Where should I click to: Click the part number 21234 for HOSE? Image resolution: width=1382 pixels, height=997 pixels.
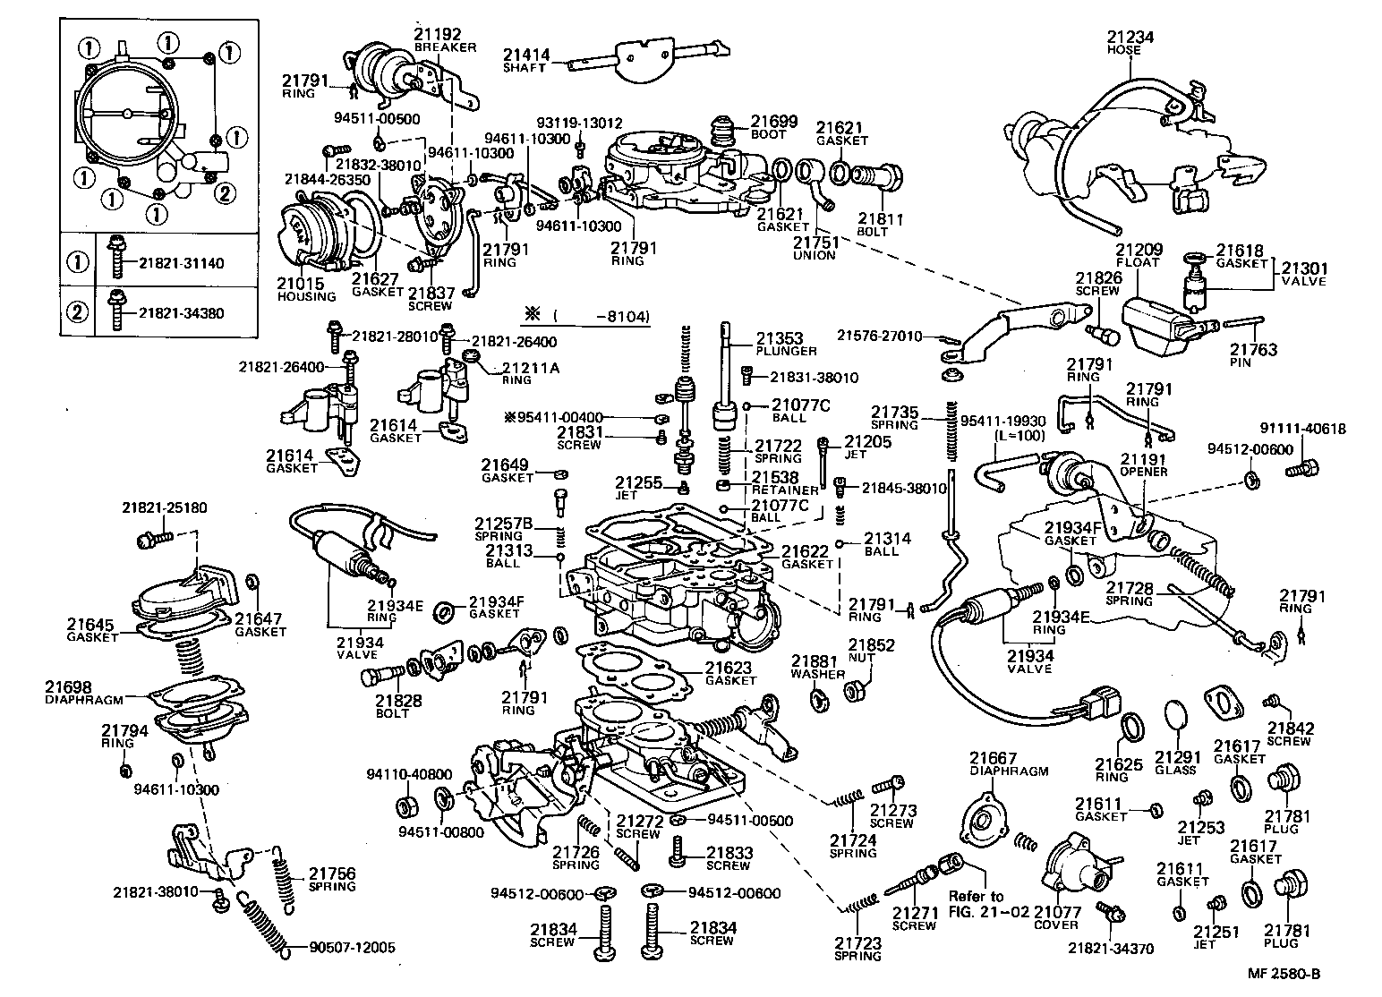coord(1130,37)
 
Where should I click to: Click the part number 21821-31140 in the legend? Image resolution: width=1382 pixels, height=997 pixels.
coord(181,263)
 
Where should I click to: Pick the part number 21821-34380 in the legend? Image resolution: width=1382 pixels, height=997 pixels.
coord(181,313)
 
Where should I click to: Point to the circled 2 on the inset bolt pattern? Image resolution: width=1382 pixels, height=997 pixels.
coord(227,191)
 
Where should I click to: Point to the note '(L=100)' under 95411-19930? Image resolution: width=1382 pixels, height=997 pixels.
coord(1018,434)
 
